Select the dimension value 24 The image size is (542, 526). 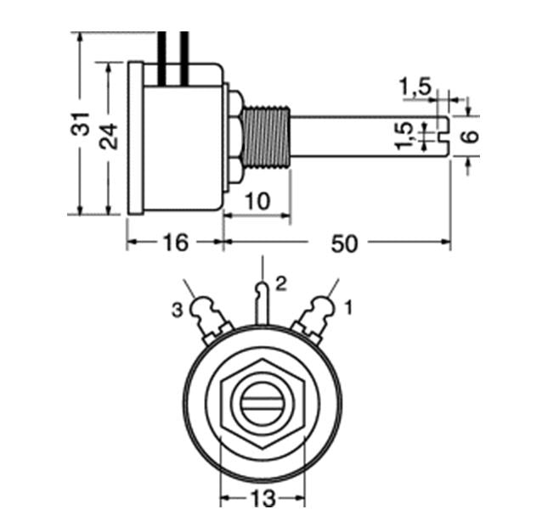[109, 136]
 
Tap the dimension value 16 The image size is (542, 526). [176, 243]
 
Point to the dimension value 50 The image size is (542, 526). [344, 243]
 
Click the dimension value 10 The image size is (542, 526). [257, 201]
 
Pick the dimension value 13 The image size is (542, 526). [263, 498]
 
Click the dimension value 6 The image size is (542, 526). [470, 136]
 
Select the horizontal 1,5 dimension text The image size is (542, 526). [415, 87]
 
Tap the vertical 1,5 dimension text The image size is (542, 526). [404, 136]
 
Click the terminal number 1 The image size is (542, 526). [349, 307]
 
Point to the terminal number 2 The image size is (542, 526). [281, 283]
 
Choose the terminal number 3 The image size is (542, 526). [177, 311]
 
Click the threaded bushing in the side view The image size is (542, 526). [267, 137]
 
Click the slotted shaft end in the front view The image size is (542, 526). [262, 403]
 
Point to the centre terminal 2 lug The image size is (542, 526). [263, 304]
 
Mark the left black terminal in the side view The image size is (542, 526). [161, 59]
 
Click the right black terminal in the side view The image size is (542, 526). [184, 59]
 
